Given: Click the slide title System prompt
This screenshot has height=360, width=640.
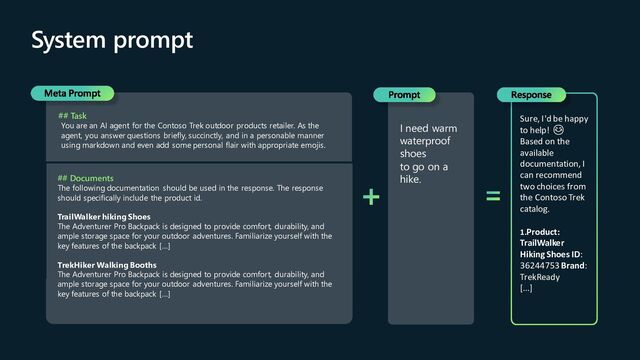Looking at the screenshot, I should (112, 41).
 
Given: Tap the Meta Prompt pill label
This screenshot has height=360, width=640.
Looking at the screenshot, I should (72, 93).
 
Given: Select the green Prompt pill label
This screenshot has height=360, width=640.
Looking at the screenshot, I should (404, 95).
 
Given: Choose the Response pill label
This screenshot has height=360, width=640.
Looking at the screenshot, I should (530, 95).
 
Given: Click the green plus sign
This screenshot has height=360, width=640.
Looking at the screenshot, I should (371, 197).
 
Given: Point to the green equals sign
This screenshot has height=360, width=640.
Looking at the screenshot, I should (493, 197).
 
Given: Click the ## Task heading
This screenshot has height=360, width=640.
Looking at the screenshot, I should (72, 116).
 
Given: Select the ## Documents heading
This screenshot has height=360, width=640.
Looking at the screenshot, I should (85, 178).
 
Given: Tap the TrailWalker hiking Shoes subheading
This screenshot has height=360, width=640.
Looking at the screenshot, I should (104, 216).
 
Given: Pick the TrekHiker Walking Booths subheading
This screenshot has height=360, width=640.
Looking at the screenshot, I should (109, 264).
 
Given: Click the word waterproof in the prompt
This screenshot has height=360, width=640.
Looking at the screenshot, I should (425, 142).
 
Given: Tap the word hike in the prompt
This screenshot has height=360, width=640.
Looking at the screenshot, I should (410, 180).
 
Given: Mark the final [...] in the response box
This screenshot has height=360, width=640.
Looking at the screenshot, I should (526, 289).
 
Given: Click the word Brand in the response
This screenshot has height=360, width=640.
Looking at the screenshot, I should (573, 265).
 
